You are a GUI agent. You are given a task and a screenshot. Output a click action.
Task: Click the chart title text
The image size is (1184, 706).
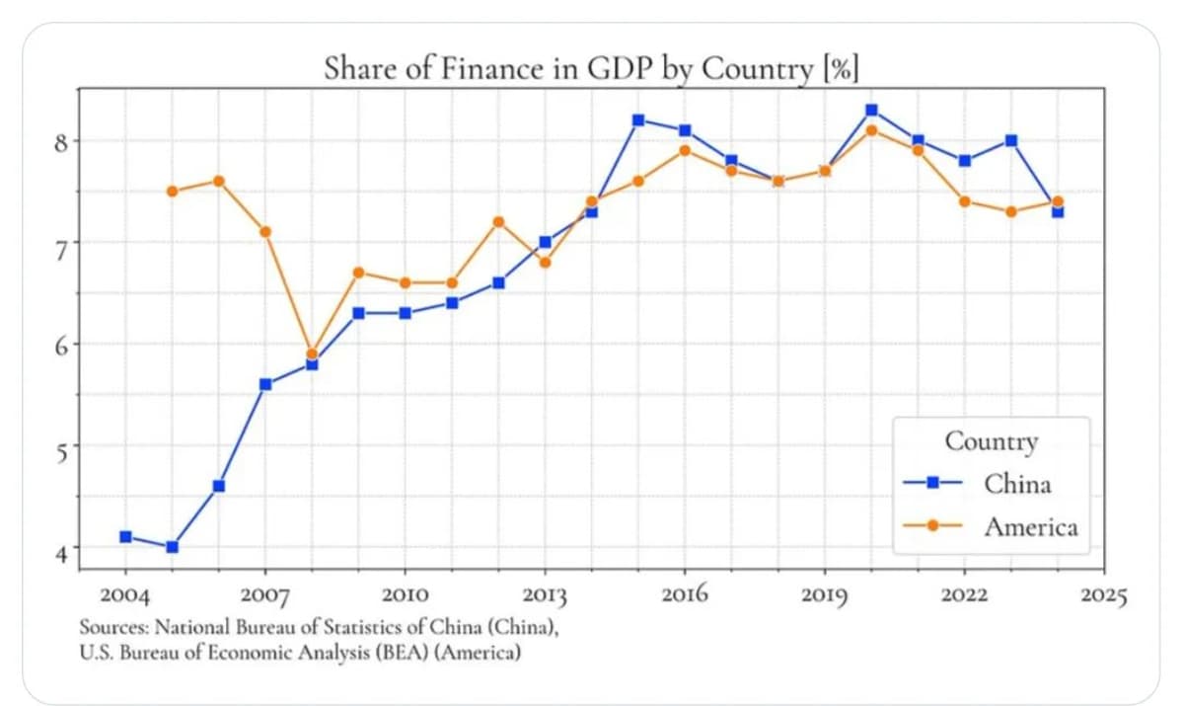591,70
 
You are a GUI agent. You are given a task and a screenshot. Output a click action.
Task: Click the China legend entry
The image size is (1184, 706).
1016,484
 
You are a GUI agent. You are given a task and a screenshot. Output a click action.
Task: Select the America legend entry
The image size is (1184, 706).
1030,526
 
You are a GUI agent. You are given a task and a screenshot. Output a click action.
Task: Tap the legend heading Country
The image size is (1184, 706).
991,441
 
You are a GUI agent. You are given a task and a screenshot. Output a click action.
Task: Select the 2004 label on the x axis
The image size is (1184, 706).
125,595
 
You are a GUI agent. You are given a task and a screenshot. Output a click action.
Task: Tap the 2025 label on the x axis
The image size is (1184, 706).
1103,595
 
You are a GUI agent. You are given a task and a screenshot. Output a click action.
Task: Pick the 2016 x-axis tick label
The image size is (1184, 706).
684,595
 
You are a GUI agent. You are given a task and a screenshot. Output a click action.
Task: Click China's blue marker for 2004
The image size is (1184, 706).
125,536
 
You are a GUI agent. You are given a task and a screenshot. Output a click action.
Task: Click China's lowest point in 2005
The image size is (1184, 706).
173,546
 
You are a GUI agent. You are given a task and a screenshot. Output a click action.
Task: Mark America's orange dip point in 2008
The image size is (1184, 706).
312,353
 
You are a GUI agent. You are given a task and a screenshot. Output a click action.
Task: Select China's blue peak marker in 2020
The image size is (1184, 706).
871,110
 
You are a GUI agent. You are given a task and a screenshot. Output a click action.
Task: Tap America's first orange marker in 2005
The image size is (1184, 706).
173,191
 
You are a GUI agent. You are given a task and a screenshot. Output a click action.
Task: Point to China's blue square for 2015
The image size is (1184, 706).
638,120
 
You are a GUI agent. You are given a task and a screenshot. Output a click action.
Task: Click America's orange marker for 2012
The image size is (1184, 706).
498,221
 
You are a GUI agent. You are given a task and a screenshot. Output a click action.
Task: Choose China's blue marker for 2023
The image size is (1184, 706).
1010,140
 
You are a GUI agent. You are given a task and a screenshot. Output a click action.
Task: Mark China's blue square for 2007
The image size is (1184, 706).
265,384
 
